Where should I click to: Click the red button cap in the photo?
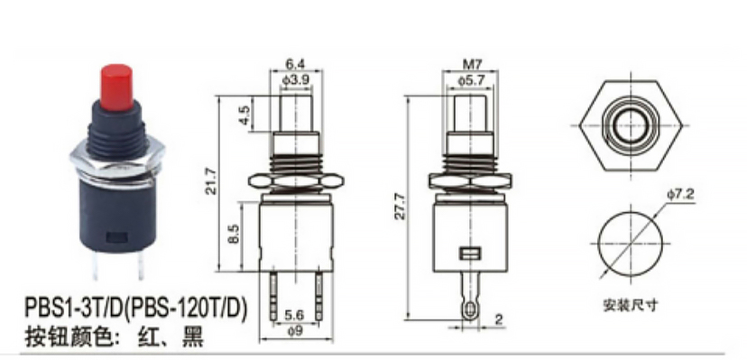coord(116,88)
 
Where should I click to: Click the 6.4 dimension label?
coord(295,64)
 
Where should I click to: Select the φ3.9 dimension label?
coord(296,80)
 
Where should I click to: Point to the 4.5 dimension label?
coord(244,115)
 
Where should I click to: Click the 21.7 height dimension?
coord(210,181)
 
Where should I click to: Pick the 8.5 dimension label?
coord(234,235)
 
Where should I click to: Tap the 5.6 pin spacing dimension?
coord(295,315)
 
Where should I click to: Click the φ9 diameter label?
coord(296,330)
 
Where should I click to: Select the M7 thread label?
coord(470,64)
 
